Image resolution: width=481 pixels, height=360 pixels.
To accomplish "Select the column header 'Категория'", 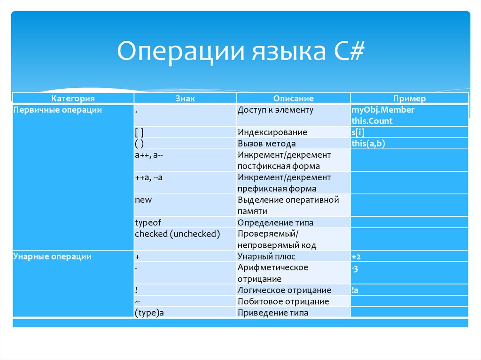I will (x=73, y=99).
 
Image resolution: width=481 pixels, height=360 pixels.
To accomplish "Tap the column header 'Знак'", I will (x=185, y=99).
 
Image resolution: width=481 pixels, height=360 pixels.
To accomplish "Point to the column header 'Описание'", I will (x=294, y=99).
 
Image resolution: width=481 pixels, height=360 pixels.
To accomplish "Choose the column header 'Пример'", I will (x=410, y=99).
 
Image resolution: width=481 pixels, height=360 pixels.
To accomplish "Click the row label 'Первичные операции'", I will (x=58, y=110).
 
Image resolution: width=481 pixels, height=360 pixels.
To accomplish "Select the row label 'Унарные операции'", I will (x=52, y=256).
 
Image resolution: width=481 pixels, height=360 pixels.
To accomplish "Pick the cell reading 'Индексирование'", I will (x=272, y=132).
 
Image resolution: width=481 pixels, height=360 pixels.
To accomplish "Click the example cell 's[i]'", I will (x=358, y=132).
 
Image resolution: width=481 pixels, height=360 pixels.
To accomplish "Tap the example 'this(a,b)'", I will (x=368, y=144).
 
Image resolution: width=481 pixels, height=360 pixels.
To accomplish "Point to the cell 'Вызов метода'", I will (x=267, y=144).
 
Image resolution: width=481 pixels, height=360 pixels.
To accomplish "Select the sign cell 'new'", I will (x=143, y=200).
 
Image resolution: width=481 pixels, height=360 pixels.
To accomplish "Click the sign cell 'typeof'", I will (x=148, y=222).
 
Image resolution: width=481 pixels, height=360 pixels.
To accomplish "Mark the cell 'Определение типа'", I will (x=275, y=222).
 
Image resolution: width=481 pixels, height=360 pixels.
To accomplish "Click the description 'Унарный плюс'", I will (x=266, y=256).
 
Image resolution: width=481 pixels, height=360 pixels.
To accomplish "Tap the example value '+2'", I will (x=356, y=256).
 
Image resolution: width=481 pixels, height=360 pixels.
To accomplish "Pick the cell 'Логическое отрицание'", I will (x=284, y=290).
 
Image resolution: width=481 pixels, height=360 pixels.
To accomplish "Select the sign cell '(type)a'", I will (x=149, y=313).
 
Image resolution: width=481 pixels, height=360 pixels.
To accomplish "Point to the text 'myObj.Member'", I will (x=383, y=110).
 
